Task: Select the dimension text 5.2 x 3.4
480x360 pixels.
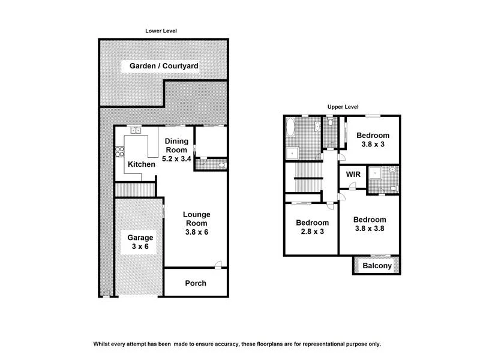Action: coord(176,159)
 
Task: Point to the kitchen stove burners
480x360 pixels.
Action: coord(119,151)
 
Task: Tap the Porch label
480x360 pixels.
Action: coord(196,283)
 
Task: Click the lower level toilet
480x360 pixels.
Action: coord(221,164)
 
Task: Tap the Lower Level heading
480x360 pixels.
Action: coord(161,31)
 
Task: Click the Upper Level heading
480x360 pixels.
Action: coord(343,107)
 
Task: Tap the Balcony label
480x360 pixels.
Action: coord(377,266)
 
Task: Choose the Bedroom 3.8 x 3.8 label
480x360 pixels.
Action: coord(369,223)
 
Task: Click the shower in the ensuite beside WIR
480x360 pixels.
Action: coord(376,173)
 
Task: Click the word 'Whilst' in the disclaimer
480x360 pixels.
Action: coord(103,344)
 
